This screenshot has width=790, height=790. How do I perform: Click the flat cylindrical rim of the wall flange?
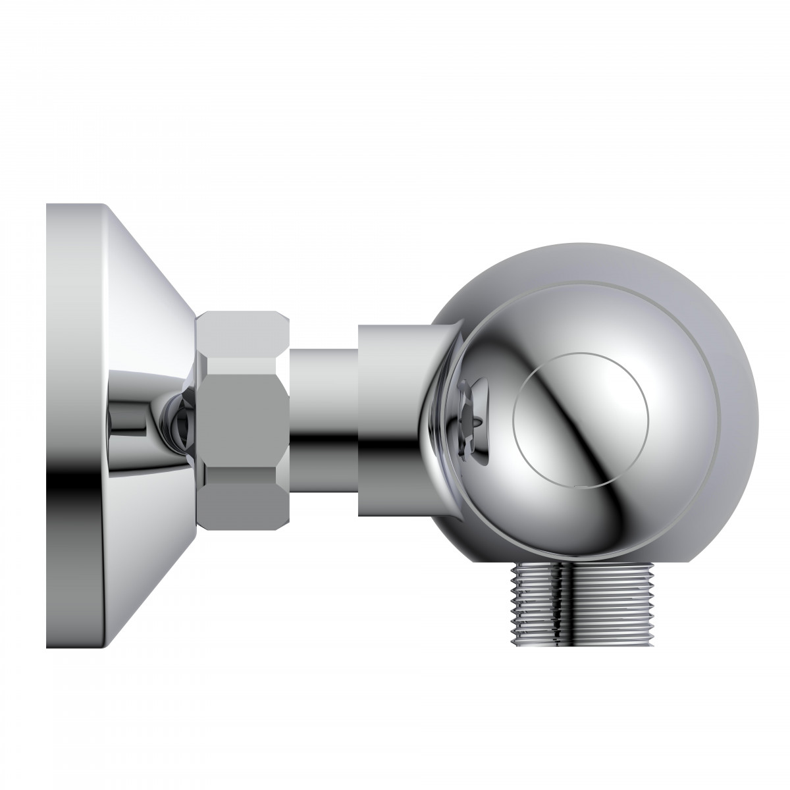pyautogui.click(x=72, y=329)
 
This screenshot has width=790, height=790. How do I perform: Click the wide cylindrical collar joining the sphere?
pyautogui.click(x=388, y=421)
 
